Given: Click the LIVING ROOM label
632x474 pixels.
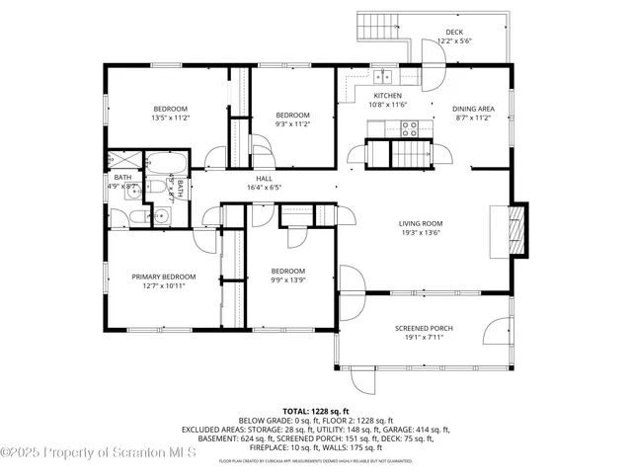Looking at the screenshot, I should pos(420,223).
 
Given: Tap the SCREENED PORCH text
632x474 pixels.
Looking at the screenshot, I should pos(424,328).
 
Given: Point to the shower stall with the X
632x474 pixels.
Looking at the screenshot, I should pos(124,161).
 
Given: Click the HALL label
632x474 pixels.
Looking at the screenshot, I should pos(264,179).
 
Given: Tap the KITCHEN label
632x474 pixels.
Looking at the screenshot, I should pos(387,96).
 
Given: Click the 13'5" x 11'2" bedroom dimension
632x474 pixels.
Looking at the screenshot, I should pos(171,117).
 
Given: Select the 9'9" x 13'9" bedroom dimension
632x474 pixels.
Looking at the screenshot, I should pos(288,279).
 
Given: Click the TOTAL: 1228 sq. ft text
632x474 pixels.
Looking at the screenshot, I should pos(315,411).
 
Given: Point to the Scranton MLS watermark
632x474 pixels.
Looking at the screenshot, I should pos(99,453).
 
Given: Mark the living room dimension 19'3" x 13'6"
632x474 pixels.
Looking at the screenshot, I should pos(420,233).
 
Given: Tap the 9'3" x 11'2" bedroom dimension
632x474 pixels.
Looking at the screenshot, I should pos(292,124).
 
